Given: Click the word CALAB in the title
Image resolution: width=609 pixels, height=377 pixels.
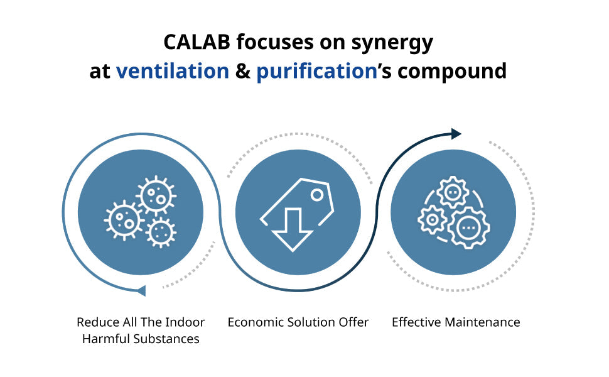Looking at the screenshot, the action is point(197,42).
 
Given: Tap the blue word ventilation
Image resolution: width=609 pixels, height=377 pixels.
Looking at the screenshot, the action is point(173,71).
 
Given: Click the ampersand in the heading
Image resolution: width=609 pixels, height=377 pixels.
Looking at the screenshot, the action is point(243,71).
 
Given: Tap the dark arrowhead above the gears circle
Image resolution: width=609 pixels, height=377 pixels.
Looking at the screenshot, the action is point(456,134).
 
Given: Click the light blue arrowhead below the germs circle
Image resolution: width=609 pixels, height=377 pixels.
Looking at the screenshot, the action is point(141,290).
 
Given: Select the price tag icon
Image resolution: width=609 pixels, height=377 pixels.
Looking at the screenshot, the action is point(297,214).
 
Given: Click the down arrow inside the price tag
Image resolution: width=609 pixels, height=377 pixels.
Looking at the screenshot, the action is point(293,230).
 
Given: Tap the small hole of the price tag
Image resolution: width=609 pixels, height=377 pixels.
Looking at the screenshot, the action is point(317,195).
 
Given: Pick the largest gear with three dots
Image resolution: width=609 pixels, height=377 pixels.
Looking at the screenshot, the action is point(468,227).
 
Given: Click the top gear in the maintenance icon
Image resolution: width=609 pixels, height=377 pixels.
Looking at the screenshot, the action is point(453,192).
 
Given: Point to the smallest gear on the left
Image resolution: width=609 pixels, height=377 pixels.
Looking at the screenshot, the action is point(432,220).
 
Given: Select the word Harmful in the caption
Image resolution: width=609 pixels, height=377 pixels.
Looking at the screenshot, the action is point(106,339).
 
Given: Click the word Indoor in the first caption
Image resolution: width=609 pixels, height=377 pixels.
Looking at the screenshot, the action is point(185,322).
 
